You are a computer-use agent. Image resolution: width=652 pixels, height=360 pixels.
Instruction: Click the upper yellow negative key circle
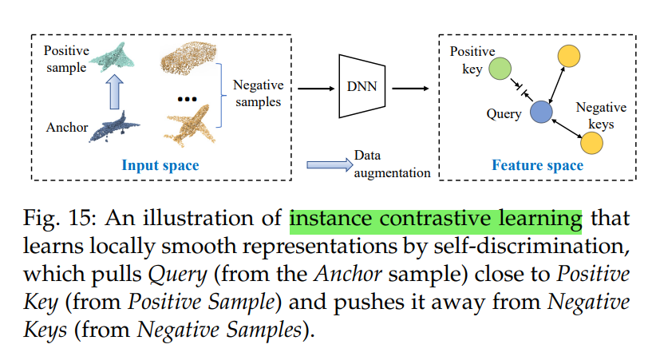[x=568, y=55]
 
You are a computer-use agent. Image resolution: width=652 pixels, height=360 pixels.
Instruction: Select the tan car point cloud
[x=188, y=57]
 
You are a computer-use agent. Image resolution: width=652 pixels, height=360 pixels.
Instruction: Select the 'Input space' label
[x=160, y=165]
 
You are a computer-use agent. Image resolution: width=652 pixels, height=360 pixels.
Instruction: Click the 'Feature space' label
[x=537, y=165]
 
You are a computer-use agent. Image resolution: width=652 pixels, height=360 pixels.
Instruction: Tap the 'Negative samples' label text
[x=259, y=93]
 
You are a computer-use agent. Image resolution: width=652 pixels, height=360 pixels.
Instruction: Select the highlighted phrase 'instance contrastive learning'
[x=436, y=217]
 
